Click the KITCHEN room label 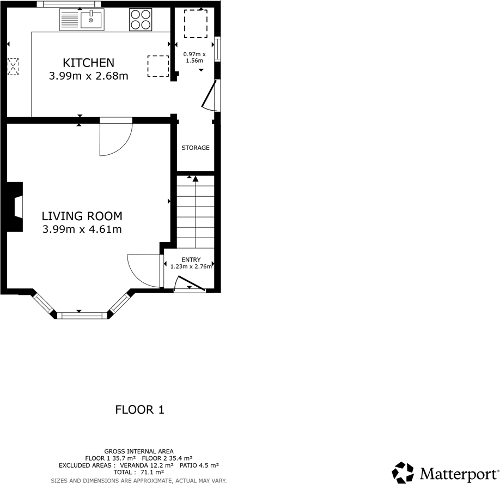(88, 63)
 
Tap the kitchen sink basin (92, 21)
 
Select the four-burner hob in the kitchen (141, 20)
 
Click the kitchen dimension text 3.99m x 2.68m (88, 76)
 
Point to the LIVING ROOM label (82, 216)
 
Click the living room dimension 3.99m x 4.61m (82, 229)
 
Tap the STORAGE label (195, 148)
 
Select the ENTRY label (191, 259)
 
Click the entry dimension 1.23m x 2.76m (191, 267)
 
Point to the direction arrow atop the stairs (196, 179)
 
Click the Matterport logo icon (403, 473)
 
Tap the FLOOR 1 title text (139, 410)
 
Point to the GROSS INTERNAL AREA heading (139, 451)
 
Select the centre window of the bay (82, 314)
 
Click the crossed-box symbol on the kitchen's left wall (13, 67)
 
